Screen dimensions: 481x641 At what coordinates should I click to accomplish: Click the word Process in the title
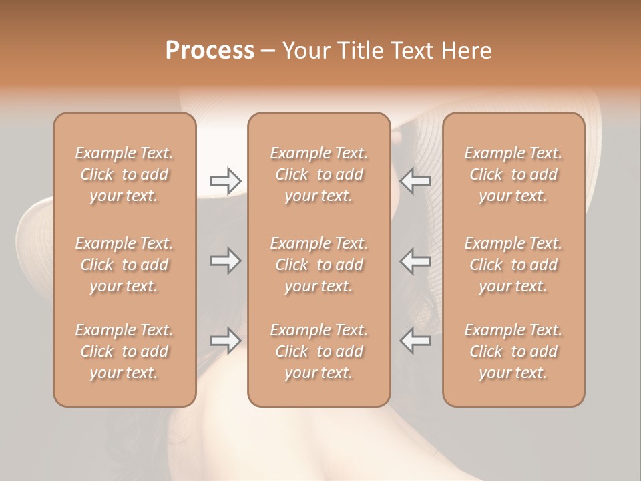point(210,51)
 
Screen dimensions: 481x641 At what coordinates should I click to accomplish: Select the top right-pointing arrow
point(226,180)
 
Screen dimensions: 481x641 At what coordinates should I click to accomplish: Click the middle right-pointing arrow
point(226,261)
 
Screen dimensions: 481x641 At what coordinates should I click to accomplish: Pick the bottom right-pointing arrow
point(226,341)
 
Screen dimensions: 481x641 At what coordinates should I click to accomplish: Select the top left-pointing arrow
point(415,180)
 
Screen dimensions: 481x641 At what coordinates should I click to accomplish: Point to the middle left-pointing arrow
point(415,261)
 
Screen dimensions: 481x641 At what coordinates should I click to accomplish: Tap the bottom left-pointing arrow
point(415,341)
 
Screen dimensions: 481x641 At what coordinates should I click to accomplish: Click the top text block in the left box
point(124,174)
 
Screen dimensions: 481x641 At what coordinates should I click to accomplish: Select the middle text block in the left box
point(124,265)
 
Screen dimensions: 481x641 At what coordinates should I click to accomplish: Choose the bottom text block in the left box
point(124,351)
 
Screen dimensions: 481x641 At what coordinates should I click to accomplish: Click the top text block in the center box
point(318,174)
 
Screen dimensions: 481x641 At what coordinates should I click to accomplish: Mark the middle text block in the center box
point(318,265)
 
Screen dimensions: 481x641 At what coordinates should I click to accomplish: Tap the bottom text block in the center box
point(318,351)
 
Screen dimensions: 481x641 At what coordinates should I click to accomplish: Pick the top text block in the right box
point(513,174)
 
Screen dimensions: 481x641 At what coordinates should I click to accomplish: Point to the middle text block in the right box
point(513,265)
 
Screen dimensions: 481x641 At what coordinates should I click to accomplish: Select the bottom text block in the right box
point(513,351)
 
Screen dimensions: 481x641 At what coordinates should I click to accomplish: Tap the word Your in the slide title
point(304,51)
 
